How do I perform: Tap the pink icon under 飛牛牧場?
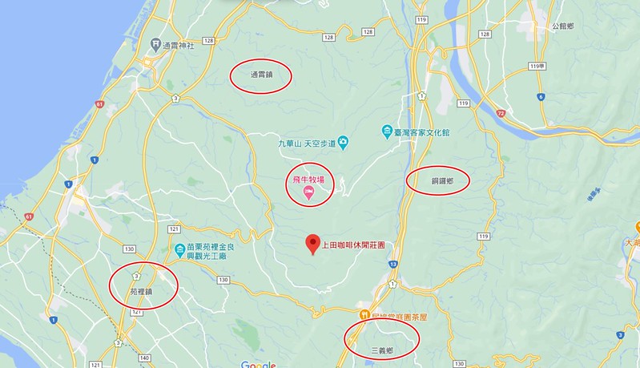[308, 190]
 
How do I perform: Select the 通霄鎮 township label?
[261, 75]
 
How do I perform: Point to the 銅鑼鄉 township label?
[438, 182]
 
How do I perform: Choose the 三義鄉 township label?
[383, 350]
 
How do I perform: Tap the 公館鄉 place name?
[563, 26]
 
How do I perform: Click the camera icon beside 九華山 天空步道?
[344, 142]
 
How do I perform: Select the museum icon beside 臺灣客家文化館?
[387, 131]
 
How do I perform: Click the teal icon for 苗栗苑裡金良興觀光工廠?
[179, 249]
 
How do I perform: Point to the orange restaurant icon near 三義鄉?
[364, 315]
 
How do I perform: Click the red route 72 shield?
[501, 115]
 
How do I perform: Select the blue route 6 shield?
[541, 96]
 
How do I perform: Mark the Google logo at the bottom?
[258, 364]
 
